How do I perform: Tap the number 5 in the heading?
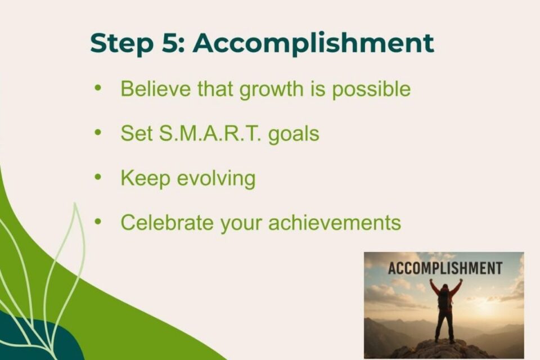(x=167, y=44)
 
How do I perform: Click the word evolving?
(x=216, y=179)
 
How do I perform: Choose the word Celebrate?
(x=167, y=223)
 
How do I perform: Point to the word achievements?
(x=334, y=223)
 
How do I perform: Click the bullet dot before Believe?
(x=98, y=88)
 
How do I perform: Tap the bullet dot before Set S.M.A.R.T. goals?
(x=98, y=133)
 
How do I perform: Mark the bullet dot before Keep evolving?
(x=98, y=177)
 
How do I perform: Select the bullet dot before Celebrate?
(x=98, y=222)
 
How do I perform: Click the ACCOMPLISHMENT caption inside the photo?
(x=444, y=268)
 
